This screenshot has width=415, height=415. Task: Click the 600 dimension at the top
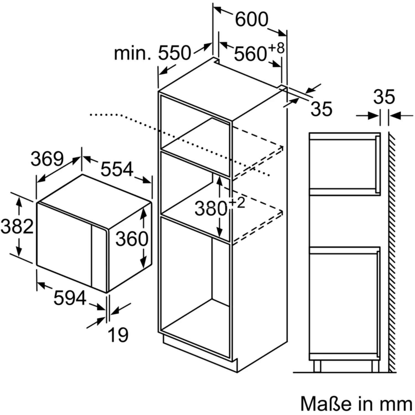click(251, 19)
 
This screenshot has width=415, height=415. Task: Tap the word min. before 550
click(133, 53)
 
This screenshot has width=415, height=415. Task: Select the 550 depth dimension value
click(174, 53)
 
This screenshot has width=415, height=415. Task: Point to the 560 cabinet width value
click(250, 54)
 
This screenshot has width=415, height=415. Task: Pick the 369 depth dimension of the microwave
click(47, 159)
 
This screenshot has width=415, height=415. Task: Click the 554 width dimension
click(117, 169)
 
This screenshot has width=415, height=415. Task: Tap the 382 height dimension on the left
click(17, 226)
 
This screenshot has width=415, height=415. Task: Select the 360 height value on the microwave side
click(132, 239)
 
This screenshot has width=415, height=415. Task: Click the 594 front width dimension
click(70, 298)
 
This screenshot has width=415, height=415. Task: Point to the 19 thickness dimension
click(118, 335)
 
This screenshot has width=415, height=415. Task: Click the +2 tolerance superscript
click(237, 203)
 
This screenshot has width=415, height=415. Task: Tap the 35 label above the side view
click(384, 97)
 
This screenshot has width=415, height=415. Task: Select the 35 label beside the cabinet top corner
click(321, 109)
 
